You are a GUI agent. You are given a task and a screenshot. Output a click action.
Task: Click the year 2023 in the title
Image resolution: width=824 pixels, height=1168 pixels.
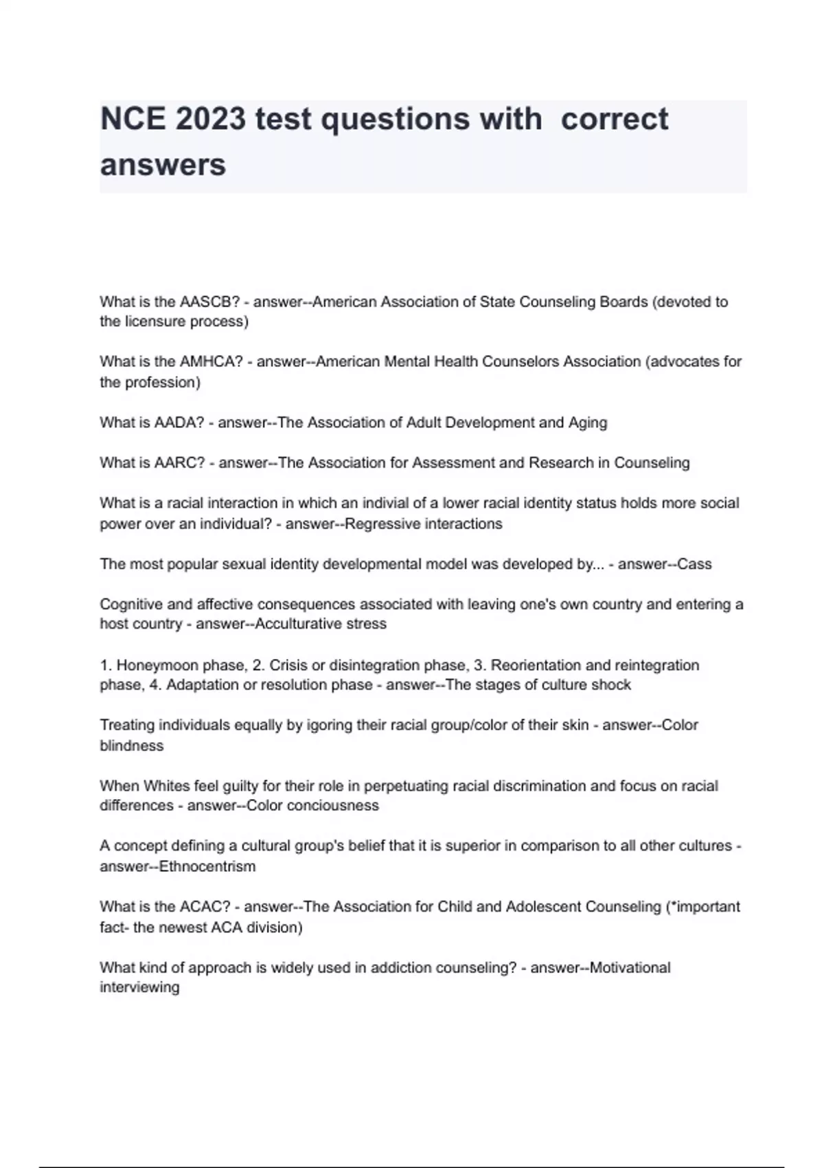tap(210, 120)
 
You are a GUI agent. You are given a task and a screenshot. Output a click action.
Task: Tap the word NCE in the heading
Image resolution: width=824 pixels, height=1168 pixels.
tap(133, 120)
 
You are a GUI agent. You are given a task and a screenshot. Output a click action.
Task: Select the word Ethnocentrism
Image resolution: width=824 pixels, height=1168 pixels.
tap(207, 866)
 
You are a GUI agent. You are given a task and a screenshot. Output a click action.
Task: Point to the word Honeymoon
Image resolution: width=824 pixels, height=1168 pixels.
tap(148, 665)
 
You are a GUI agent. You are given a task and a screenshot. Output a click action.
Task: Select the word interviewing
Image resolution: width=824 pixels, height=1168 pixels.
tap(139, 987)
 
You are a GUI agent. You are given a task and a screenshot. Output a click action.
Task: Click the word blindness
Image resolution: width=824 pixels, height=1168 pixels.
tap(132, 745)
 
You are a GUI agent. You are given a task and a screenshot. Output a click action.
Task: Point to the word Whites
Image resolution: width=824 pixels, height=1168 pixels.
tap(168, 786)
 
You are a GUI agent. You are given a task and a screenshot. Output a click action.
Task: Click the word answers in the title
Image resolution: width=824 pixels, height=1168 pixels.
tap(163, 165)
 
